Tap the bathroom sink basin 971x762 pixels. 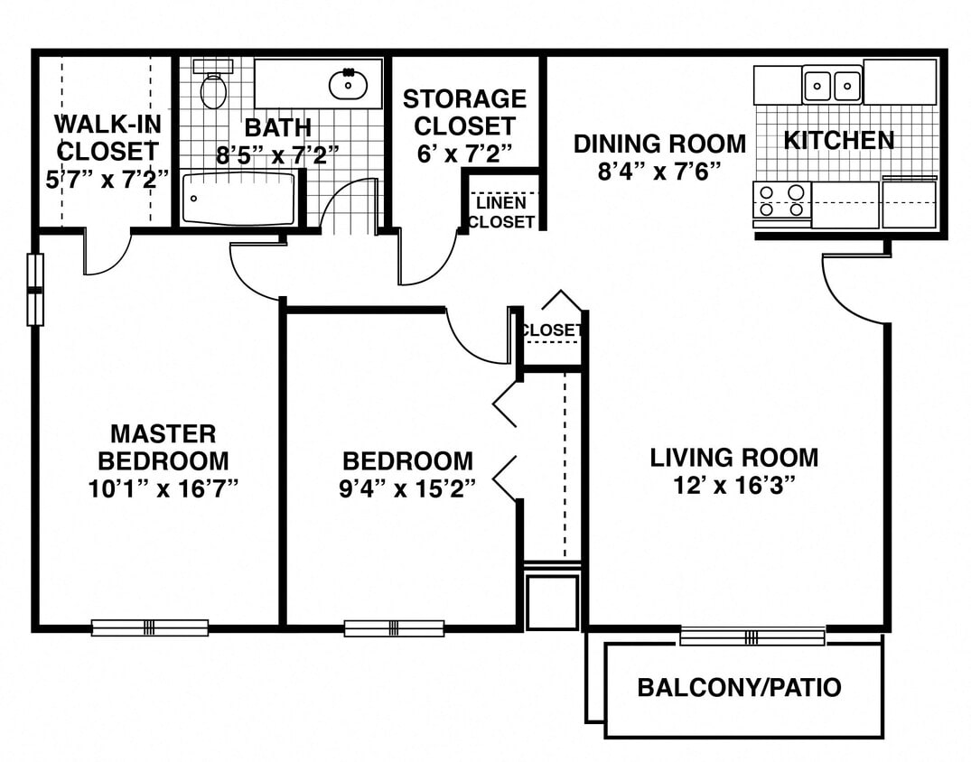[348, 85]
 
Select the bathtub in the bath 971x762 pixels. [238, 200]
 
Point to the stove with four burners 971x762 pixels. [781, 200]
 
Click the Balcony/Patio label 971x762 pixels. [739, 688]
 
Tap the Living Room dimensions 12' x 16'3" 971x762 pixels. [733, 486]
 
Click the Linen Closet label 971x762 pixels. [500, 213]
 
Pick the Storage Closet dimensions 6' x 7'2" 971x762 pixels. [464, 153]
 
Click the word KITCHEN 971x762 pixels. [838, 141]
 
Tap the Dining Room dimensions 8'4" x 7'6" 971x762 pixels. [659, 172]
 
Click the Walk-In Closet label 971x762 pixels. [107, 137]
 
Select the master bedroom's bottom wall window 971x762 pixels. [150, 627]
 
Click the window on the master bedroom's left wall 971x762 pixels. [35, 290]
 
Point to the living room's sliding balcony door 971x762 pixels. [752, 637]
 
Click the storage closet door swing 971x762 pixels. [426, 262]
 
